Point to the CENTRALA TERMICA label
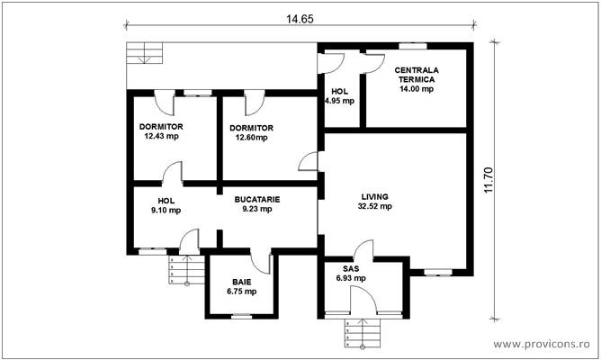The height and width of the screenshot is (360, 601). point(417,74)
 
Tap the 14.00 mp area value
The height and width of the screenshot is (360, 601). point(416,89)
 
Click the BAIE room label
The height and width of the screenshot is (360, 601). point(240,280)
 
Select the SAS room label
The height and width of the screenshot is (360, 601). point(351,269)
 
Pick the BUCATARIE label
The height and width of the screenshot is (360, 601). point(257,199)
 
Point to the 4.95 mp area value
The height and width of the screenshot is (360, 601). point(339,101)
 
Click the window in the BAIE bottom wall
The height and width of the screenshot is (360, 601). point(240,316)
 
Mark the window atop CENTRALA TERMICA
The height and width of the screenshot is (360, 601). point(413,45)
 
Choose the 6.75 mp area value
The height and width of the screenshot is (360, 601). point(240,292)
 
